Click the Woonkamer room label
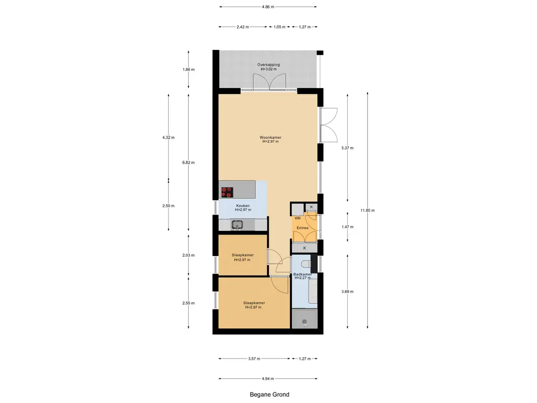[270, 137]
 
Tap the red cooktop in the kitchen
[227, 192]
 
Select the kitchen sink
[237, 225]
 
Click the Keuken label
[243, 206]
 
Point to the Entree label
[303, 228]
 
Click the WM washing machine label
[297, 218]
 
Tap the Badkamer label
[303, 274]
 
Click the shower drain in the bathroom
[304, 322]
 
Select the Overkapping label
[268, 65]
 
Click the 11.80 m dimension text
[368, 210]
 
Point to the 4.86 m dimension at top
[268, 6]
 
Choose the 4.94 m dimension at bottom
[268, 379]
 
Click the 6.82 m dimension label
[188, 163]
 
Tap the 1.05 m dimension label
[280, 27]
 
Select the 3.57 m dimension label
[254, 359]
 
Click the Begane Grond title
[270, 395]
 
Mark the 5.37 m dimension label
[347, 148]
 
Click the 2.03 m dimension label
[188, 256]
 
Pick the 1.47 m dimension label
[347, 227]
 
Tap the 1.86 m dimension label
[188, 70]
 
